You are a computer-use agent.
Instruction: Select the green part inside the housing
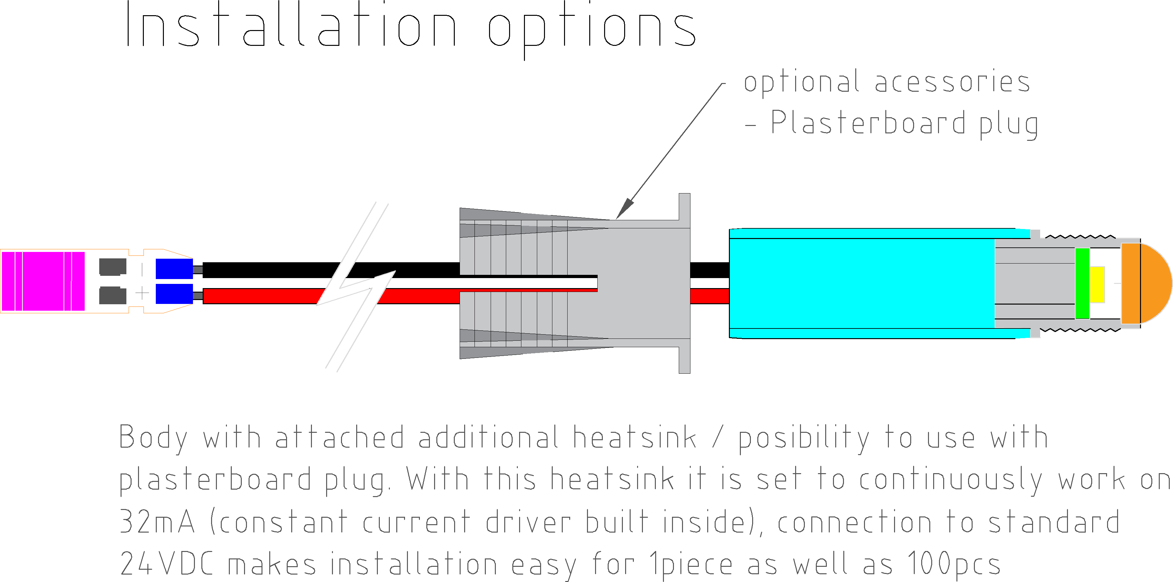click(1082, 283)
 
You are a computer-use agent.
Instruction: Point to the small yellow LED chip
click(1097, 285)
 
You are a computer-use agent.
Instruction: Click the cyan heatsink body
click(861, 283)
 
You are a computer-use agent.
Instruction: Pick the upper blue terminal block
click(174, 268)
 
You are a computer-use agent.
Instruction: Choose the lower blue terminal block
click(174, 294)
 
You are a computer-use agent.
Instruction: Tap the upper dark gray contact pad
click(112, 267)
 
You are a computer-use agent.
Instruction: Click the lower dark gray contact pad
click(112, 295)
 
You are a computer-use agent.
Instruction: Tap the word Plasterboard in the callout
click(868, 123)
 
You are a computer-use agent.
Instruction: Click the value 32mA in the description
click(157, 522)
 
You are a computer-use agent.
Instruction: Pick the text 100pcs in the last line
click(954, 564)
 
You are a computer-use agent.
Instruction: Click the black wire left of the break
click(269, 270)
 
